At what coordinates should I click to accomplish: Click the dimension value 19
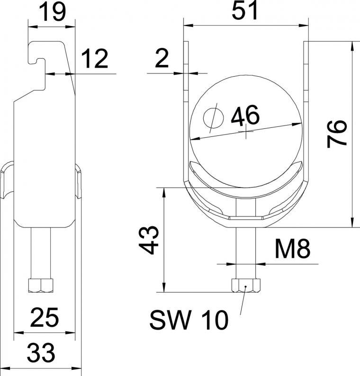[x=52, y=12]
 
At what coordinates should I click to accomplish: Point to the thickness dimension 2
[x=162, y=58]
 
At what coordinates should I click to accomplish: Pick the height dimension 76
[x=337, y=134]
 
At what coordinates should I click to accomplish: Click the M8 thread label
[x=292, y=249]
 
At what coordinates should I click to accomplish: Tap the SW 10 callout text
[x=189, y=320]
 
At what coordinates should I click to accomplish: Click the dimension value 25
[x=45, y=317]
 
